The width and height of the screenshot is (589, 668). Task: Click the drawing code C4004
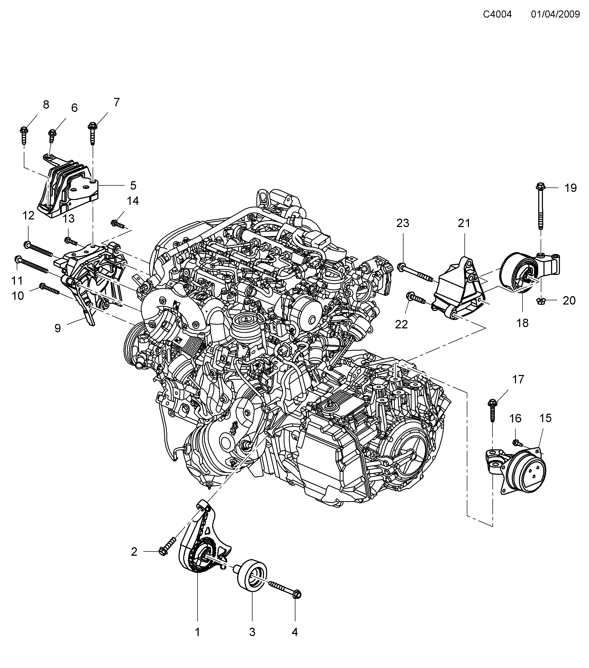point(497,14)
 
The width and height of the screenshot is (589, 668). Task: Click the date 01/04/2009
point(555,14)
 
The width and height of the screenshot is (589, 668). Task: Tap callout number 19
point(571,188)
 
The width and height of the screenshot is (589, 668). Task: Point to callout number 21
point(464,223)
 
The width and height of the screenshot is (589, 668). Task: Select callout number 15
point(545,418)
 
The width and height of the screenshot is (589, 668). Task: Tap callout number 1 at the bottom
point(197,632)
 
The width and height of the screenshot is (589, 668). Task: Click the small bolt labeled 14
point(118,224)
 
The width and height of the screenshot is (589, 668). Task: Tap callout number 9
point(58,328)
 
